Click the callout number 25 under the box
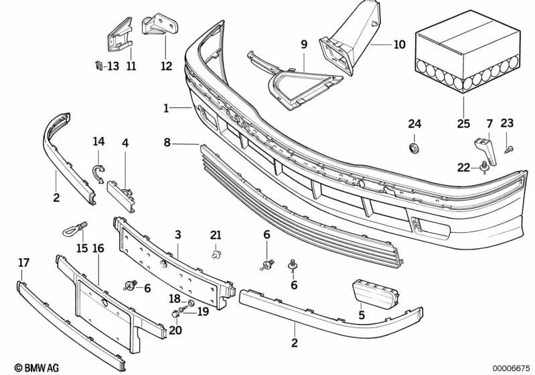point(464,124)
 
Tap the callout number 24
point(415,123)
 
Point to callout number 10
point(400,46)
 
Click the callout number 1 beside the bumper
point(166,107)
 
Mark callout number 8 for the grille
point(167,142)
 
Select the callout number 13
point(112,66)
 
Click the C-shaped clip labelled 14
point(98,172)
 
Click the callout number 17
point(23,263)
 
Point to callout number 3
point(177,234)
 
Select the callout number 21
point(215,234)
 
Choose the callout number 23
point(507,123)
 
